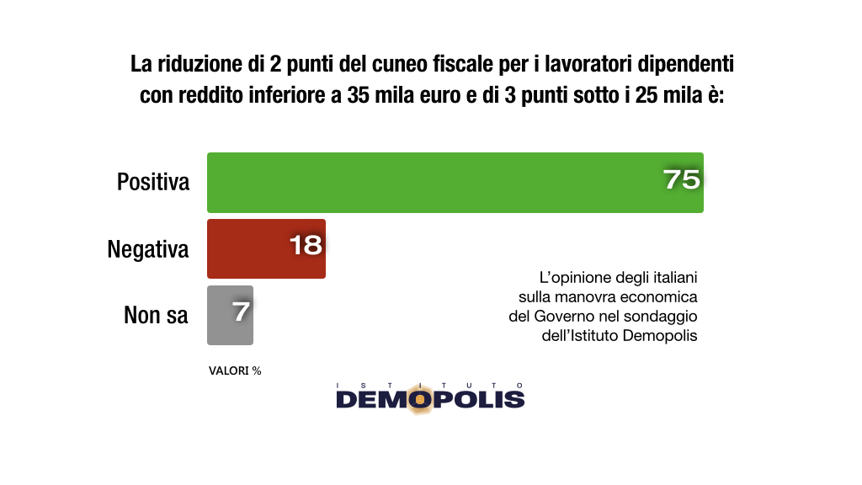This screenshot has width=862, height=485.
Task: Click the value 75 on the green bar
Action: point(681,179)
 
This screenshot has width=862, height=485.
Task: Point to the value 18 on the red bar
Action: point(306,245)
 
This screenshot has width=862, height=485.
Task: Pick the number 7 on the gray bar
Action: point(241,312)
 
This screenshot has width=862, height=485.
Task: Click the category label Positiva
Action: point(153,182)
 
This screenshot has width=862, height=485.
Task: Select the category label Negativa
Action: point(148,249)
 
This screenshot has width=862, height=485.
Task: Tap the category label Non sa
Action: point(156,315)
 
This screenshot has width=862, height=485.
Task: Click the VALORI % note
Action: point(235,370)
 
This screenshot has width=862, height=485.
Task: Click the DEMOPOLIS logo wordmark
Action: point(430,399)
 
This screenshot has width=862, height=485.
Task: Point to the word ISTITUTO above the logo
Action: point(430,384)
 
